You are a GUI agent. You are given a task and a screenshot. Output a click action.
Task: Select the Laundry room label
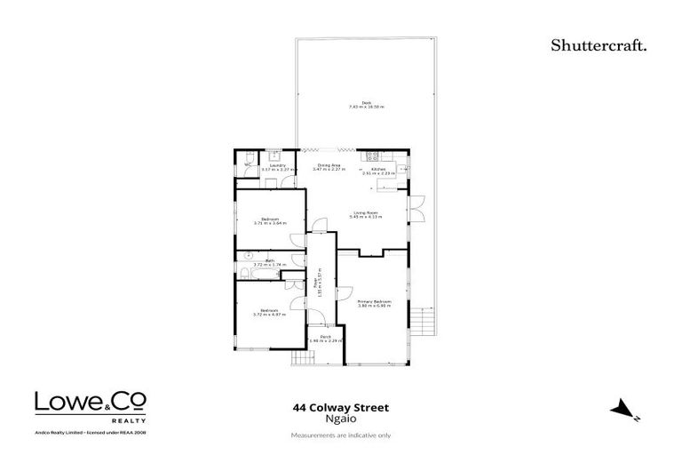tap(282, 167)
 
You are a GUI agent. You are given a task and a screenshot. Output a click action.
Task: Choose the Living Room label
tap(367, 214)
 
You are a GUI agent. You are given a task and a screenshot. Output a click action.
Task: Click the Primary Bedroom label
tap(374, 304)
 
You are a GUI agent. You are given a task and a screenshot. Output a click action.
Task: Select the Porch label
tap(325, 339)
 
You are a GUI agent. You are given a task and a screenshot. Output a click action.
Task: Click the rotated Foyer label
tap(317, 283)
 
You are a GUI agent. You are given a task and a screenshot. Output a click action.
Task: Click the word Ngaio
tap(340, 421)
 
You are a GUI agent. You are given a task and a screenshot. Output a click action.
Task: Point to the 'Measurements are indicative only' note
tap(341, 434)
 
